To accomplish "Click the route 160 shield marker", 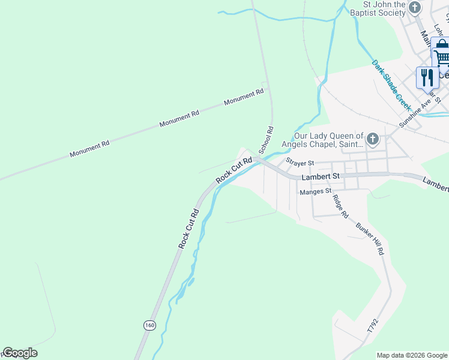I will click(149, 325).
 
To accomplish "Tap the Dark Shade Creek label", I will click(390, 85).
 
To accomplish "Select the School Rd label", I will click(265, 139).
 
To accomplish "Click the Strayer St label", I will click(300, 163).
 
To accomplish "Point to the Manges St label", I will click(316, 191).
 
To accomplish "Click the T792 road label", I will click(374, 326).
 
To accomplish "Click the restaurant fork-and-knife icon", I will click(427, 77).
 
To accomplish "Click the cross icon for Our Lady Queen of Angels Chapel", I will click(373, 140).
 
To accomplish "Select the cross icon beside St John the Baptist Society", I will click(415, 8).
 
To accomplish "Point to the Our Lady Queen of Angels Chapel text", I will click(328, 140).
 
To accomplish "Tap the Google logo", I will click(20, 353).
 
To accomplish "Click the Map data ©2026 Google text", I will click(412, 355).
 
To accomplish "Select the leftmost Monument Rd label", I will click(89, 149).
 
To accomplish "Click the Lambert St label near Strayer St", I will click(321, 176).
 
